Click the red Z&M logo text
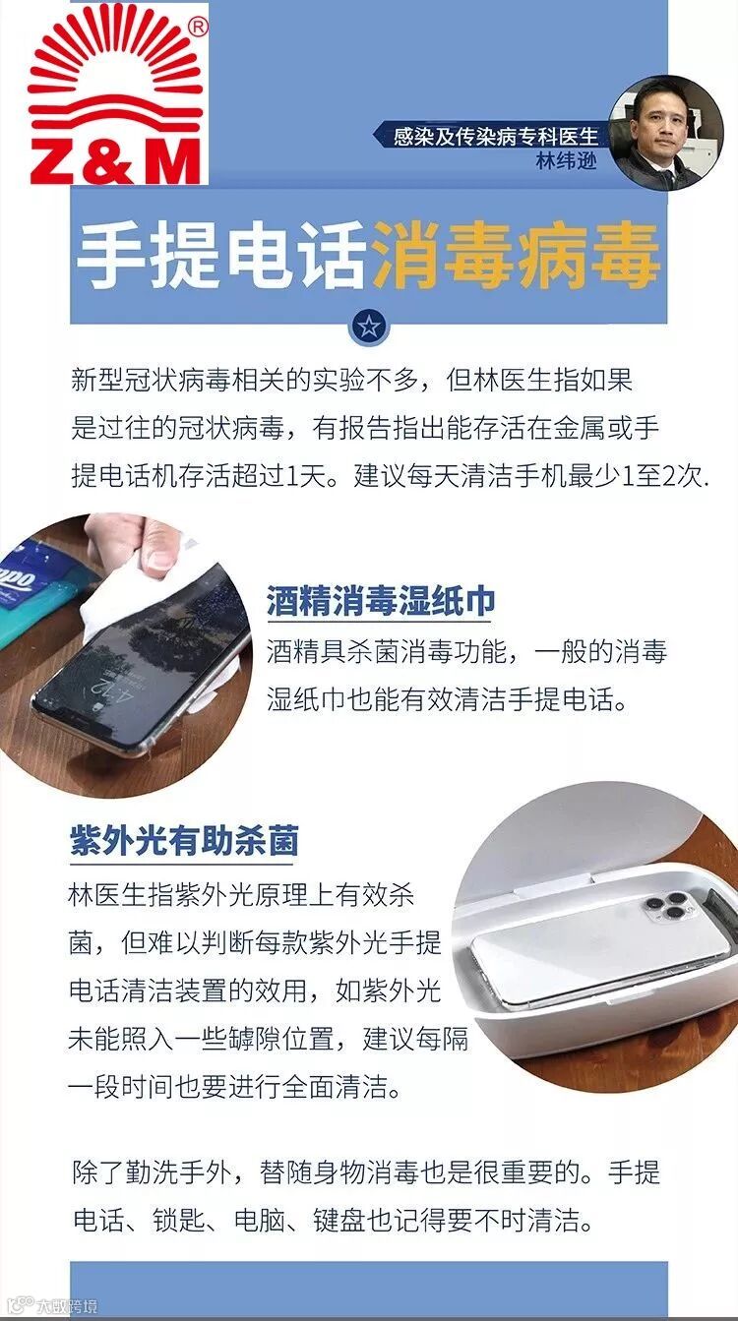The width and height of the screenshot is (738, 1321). click(116, 161)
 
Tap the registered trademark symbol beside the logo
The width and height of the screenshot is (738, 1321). click(199, 28)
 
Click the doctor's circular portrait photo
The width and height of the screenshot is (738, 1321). click(666, 133)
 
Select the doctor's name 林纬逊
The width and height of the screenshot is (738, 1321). click(566, 160)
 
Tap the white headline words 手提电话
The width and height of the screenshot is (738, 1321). click(221, 255)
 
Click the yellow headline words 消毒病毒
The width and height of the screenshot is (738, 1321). click(517, 255)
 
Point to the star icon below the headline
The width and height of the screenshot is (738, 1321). click(369, 327)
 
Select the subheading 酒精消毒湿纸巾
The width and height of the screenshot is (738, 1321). click(381, 602)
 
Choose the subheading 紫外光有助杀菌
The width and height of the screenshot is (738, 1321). click(184, 840)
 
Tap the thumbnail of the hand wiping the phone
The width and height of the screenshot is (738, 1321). click(121, 655)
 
